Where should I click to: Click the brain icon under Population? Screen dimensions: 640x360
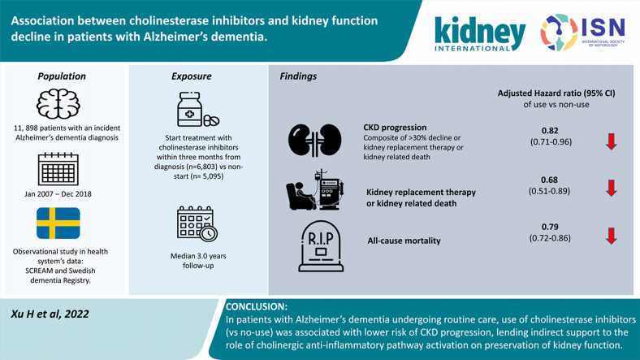[x=58, y=104]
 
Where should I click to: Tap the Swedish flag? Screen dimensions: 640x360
[x=58, y=223]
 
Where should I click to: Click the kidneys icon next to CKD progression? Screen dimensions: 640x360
[x=314, y=141]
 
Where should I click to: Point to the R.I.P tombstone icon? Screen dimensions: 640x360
[x=321, y=246]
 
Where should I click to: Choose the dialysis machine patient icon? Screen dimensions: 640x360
[x=314, y=191]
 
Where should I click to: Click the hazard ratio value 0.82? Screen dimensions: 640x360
[x=550, y=131]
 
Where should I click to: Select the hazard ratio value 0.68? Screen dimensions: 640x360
[x=549, y=180]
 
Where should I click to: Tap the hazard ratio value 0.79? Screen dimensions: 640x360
[x=550, y=227]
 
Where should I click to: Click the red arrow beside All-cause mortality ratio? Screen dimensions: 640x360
[x=611, y=236]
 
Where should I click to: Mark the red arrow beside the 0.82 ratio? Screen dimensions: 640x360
[x=611, y=141]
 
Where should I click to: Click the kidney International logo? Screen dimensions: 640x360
[x=479, y=34]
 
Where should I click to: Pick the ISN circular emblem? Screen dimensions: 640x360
[x=559, y=33]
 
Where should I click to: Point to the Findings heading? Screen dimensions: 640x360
[x=298, y=76]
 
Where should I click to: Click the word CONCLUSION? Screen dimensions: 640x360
[x=257, y=306]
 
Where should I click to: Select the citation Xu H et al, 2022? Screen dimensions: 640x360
[x=50, y=314]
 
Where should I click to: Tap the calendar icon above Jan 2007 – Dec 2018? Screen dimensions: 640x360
[x=58, y=169]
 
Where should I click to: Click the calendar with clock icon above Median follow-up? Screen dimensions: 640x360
[x=197, y=223]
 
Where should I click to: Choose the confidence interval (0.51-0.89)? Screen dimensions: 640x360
[x=549, y=191]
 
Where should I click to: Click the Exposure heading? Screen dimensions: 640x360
[x=192, y=76]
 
